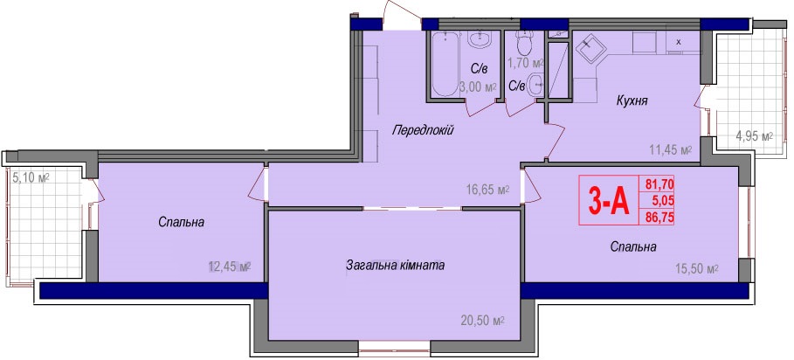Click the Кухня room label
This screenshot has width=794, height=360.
tap(632, 100)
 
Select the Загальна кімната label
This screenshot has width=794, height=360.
tap(395, 265)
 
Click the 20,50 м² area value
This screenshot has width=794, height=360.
tap(483, 320)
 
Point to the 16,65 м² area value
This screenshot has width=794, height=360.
tap(487, 190)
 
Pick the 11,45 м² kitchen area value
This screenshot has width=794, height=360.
tap(671, 150)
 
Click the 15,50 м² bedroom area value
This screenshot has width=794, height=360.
tap(697, 269)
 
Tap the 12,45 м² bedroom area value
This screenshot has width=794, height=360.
tap(230, 267)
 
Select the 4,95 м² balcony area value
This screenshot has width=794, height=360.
tap(754, 136)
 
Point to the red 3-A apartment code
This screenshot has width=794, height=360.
tap(608, 200)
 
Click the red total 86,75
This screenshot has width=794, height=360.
tap(659, 218)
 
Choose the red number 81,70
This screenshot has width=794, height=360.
tap(659, 183)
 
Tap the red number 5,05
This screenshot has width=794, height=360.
tap(663, 200)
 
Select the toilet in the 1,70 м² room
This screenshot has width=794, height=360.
tap(522, 43)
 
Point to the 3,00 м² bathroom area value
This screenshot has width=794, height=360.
tap(477, 87)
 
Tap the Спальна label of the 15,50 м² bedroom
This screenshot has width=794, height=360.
tap(633, 247)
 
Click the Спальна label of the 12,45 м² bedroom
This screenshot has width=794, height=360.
tap(181, 222)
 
